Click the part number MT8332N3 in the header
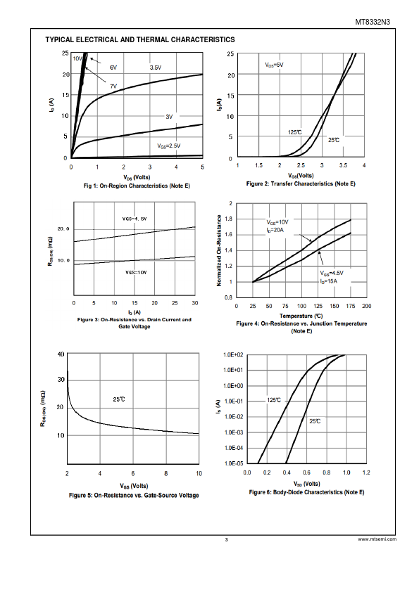373,22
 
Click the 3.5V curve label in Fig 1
156,67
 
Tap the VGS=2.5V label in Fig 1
169,146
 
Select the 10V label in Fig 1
77,58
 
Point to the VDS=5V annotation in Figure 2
274,65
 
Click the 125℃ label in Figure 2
295,132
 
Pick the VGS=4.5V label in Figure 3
135,219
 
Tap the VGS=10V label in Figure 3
136,272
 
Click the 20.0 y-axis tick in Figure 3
63,229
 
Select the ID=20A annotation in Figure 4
275,230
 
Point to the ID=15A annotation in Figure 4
328,281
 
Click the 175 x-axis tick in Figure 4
351,306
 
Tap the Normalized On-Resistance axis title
219,251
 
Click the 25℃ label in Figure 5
119,399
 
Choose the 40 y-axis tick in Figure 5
61,354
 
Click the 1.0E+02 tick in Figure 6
233,355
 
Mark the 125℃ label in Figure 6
274,400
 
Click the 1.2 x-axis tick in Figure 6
366,472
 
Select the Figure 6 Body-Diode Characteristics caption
307,492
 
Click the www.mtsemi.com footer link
377,539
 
